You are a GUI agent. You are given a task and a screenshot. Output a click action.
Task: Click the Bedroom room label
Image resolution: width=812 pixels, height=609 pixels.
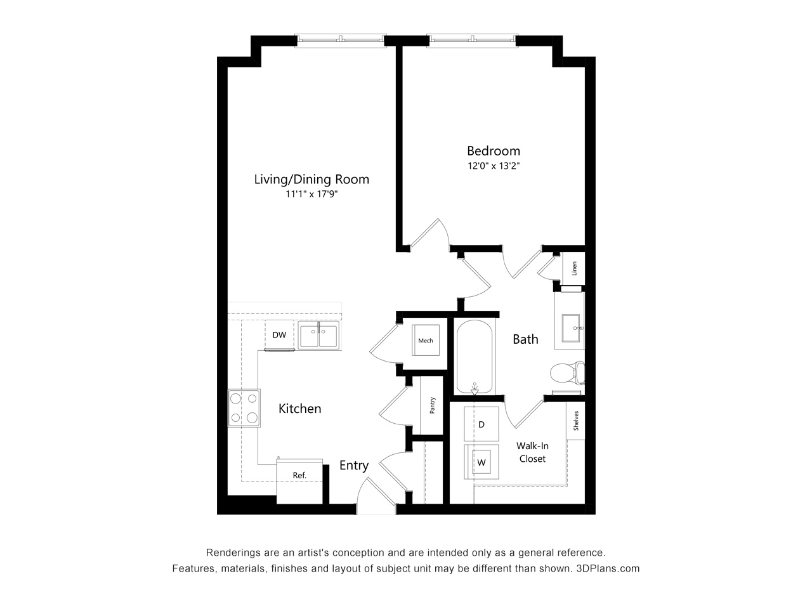tap(493, 151)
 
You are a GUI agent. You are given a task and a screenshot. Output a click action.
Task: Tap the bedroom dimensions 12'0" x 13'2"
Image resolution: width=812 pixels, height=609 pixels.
tap(494, 166)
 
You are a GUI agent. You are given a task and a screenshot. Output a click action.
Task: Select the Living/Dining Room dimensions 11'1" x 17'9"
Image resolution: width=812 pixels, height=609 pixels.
tap(311, 194)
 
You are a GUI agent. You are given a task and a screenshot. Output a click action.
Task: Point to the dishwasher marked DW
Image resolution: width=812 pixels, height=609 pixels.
tap(279, 335)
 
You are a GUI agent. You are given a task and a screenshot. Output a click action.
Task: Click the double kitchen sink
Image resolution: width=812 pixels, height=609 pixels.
tap(318, 335)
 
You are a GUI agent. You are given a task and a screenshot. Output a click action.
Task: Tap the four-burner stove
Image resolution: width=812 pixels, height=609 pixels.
tap(244, 408)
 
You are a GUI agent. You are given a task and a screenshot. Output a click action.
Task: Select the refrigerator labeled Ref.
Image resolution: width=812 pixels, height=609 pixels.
tap(299, 481)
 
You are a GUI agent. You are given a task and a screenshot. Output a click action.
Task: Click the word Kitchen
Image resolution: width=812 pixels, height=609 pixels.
tap(299, 409)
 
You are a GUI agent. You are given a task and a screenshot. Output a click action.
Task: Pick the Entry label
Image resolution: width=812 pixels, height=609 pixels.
tap(354, 466)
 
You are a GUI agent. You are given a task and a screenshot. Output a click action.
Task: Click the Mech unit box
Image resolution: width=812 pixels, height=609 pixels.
tap(426, 340)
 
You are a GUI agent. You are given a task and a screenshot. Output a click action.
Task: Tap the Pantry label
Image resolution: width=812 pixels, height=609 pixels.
tap(432, 405)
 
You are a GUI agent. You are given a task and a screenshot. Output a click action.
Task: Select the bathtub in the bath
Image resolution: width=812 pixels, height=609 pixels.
tap(475, 357)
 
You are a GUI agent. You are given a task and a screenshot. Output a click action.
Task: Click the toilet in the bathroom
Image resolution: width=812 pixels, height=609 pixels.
tap(567, 373)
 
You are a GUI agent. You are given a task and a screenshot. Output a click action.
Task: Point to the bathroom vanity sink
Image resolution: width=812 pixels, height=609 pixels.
tap(571, 328)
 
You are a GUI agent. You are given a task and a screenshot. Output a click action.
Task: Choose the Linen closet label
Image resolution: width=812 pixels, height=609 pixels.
tap(574, 268)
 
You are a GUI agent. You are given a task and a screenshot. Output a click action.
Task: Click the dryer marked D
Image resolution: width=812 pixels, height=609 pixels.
tap(481, 424)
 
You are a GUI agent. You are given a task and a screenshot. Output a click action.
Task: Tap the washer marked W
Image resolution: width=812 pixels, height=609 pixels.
tap(481, 462)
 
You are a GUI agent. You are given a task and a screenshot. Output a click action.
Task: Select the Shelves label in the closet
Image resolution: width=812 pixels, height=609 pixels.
tap(576, 421)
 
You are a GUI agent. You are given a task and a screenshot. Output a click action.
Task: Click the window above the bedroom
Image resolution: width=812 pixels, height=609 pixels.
tap(472, 39)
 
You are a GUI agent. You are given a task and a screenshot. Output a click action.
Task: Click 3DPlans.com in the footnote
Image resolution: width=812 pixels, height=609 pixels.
tap(608, 568)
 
